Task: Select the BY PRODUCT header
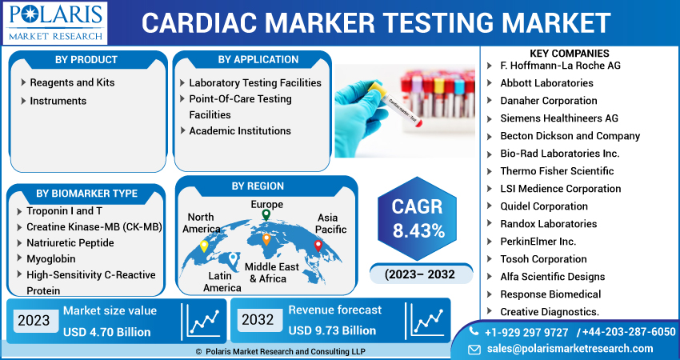click(x=86, y=60)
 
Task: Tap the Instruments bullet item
click(x=58, y=101)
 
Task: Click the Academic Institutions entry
click(x=239, y=130)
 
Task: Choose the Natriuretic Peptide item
click(x=71, y=242)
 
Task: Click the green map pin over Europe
click(x=266, y=215)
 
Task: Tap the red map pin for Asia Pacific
click(x=318, y=246)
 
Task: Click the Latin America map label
click(x=222, y=282)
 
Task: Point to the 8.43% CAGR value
click(x=417, y=232)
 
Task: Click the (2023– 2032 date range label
click(x=419, y=274)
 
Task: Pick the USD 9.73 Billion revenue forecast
click(x=332, y=330)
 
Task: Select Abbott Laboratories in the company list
click(x=546, y=83)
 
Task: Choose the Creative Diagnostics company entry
click(x=550, y=312)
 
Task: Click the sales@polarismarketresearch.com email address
click(x=570, y=349)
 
